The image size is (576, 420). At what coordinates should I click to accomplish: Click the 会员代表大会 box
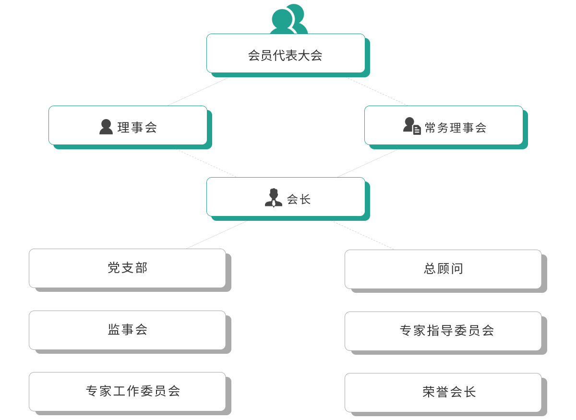click(286, 53)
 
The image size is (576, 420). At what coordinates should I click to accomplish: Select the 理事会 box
click(128, 125)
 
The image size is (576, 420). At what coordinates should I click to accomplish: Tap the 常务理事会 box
click(444, 125)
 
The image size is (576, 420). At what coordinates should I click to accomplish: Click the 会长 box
click(286, 197)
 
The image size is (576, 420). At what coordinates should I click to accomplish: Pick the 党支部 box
click(127, 268)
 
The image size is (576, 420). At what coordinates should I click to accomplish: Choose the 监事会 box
click(127, 330)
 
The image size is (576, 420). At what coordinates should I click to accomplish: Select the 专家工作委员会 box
click(127, 391)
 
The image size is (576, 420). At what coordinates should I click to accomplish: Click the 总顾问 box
click(443, 269)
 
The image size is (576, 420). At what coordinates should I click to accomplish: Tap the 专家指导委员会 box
click(443, 331)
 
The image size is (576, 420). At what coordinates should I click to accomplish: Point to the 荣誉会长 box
click(443, 392)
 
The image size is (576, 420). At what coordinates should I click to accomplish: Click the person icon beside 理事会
click(106, 127)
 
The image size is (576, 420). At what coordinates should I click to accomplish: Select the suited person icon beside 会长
click(274, 198)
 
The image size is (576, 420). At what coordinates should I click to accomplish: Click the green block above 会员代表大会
click(288, 18)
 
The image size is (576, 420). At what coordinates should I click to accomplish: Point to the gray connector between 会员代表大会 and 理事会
click(203, 89)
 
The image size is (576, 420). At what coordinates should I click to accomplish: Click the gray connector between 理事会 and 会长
click(207, 163)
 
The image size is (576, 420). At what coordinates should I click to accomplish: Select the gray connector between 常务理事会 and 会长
click(373, 160)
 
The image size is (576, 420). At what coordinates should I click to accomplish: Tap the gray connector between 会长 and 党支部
click(213, 235)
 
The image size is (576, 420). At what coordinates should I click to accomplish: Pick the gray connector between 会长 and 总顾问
click(365, 235)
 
